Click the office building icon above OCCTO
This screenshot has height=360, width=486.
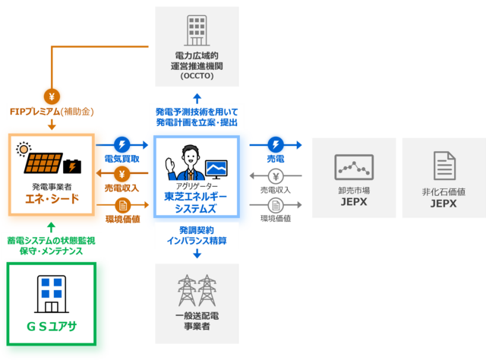(x=197, y=31)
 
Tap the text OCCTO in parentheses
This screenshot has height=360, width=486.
(x=197, y=77)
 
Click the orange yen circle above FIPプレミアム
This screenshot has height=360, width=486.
(x=51, y=96)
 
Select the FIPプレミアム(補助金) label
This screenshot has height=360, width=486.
(x=50, y=112)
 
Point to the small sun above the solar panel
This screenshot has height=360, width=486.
(x=24, y=147)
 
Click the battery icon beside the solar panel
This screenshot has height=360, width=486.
(x=74, y=163)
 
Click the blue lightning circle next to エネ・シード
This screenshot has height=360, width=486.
(x=122, y=144)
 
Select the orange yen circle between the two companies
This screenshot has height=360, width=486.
(x=122, y=174)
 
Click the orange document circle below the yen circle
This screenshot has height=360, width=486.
(x=122, y=204)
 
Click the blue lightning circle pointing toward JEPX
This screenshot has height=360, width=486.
(x=275, y=144)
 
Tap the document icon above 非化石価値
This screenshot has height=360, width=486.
(x=443, y=166)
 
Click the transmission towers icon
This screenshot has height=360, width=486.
(x=197, y=291)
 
